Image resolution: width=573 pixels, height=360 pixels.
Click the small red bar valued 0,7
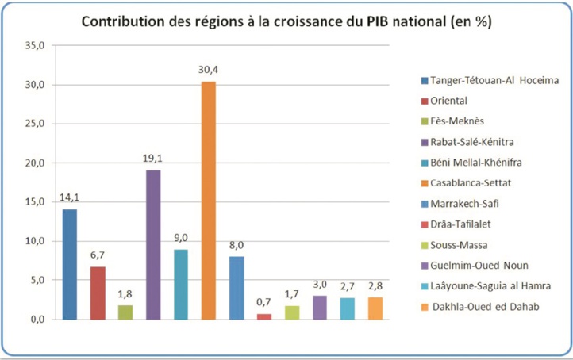[263, 316]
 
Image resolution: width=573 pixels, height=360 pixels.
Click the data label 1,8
[125, 293]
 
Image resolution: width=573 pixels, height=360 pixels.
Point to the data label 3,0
[320, 283]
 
